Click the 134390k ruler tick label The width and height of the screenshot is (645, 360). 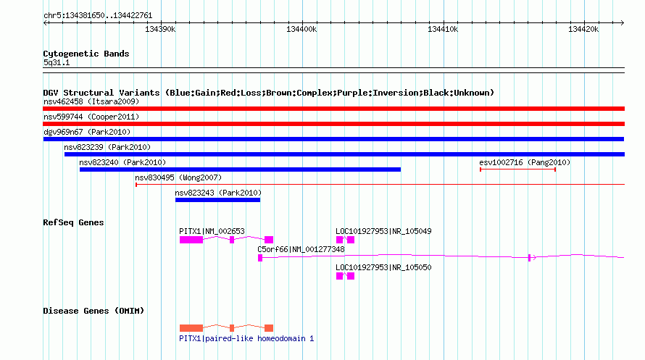[160, 29]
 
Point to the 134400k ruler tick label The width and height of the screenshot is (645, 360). [301, 29]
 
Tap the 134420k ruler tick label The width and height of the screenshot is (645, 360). [583, 29]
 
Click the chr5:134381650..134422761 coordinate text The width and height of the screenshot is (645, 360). [98, 16]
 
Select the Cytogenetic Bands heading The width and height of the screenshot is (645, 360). [86, 54]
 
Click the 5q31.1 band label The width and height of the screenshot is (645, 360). [57, 63]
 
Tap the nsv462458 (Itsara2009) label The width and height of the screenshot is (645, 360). [91, 101]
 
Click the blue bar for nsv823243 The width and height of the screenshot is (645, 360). [217, 200]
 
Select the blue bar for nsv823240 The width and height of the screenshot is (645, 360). [240, 169]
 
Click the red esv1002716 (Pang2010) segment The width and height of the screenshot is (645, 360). [518, 169]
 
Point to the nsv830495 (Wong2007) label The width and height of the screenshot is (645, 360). [178, 177]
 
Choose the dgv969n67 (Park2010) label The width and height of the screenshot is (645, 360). [87, 132]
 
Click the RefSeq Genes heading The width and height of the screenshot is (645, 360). [73, 223]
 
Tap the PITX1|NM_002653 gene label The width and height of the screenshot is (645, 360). [212, 231]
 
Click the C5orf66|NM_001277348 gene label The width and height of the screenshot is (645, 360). [301, 249]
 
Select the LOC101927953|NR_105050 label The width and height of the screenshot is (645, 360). [383, 267]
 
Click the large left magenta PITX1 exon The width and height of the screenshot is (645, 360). [191, 240]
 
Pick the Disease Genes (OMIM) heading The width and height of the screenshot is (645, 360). [93, 311]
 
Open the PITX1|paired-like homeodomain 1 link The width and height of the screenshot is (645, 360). [246, 338]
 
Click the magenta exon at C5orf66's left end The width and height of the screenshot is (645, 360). [260, 258]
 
